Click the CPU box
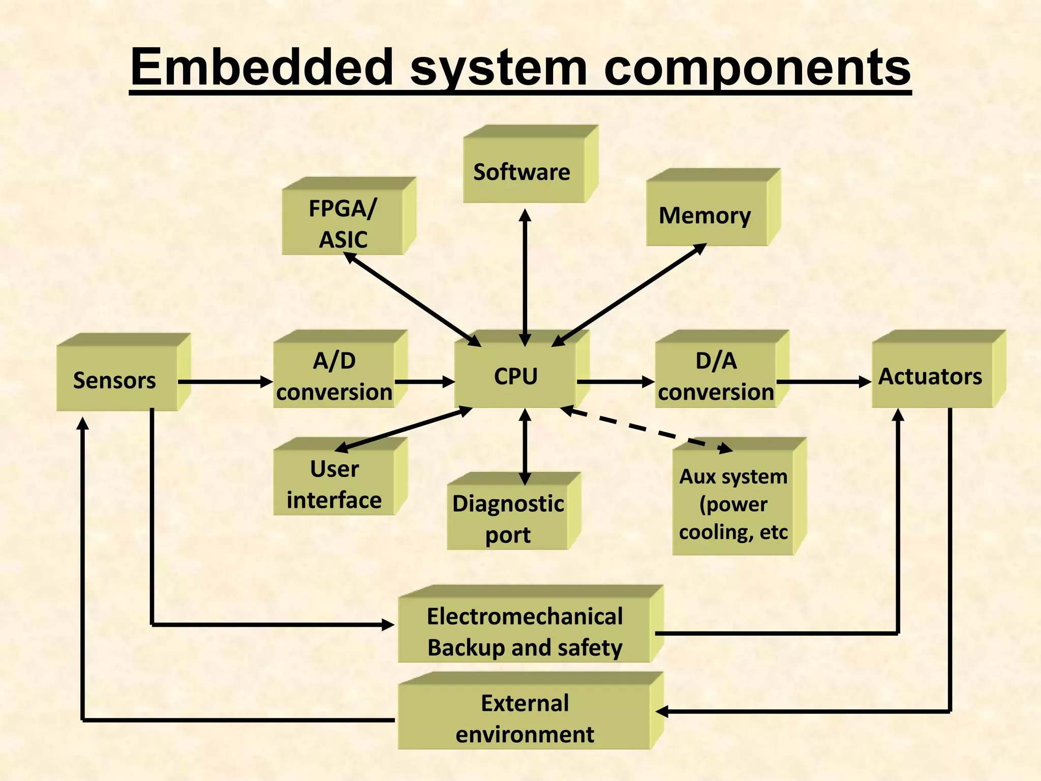[x=515, y=376]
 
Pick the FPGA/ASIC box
[x=343, y=224]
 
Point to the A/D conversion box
[x=333, y=376]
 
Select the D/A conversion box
[x=716, y=376]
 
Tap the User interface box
[x=333, y=484]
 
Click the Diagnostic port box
[x=507, y=519]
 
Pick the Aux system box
[x=733, y=503]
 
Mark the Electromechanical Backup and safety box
[x=525, y=632]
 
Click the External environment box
[x=525, y=718]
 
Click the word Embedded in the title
[x=262, y=68]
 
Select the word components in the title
[x=757, y=68]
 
